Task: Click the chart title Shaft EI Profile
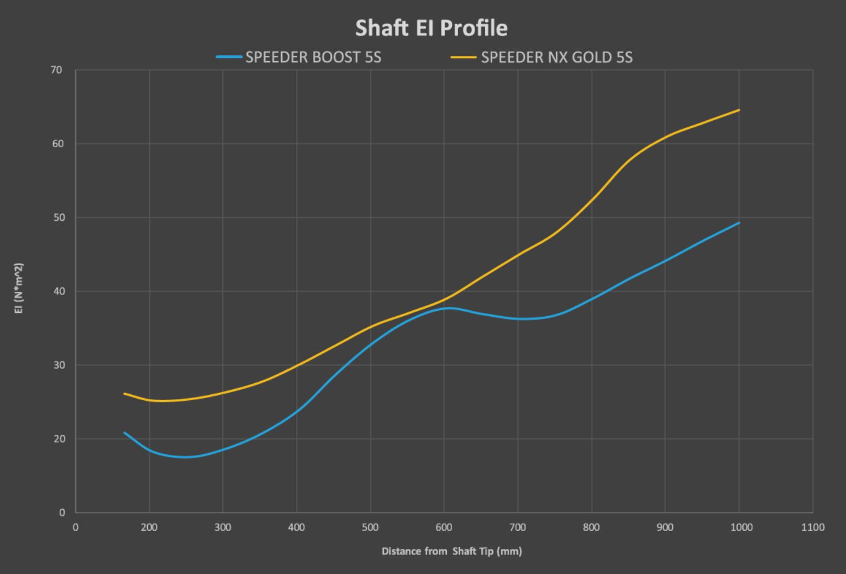click(431, 28)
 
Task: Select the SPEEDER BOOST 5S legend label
click(313, 57)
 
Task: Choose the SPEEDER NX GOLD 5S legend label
click(556, 57)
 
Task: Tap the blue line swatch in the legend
click(229, 57)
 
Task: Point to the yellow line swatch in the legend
click(463, 57)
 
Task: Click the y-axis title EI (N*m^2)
click(19, 288)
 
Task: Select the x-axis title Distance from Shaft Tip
click(452, 551)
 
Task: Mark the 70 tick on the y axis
click(56, 70)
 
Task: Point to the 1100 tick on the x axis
click(812, 527)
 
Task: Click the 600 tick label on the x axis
click(444, 527)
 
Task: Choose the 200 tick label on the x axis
click(149, 527)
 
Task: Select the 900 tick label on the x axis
click(665, 527)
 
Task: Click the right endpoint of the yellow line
click(739, 110)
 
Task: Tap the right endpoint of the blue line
click(739, 223)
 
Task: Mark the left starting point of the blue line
click(125, 433)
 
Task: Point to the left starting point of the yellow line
click(125, 394)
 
